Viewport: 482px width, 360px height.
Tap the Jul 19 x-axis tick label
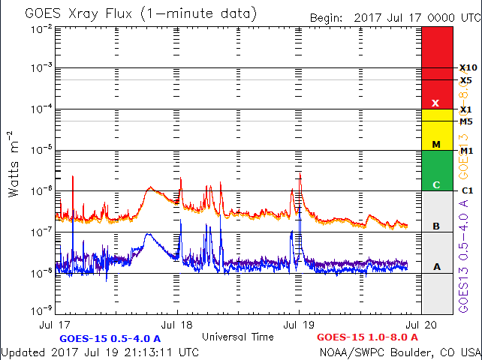pyautogui.click(x=298, y=326)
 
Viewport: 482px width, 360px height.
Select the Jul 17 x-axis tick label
pyautogui.click(x=57, y=326)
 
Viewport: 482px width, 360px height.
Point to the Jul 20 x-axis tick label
pyautogui.click(x=419, y=326)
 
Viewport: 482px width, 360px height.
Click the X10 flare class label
pyautogui.click(x=468, y=67)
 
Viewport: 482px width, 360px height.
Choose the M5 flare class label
pyautogui.click(x=466, y=121)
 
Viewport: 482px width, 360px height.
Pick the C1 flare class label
pyautogui.click(x=467, y=190)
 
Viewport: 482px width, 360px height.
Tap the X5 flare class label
pyautogui.click(x=465, y=80)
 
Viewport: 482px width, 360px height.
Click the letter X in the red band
pyautogui.click(x=435, y=103)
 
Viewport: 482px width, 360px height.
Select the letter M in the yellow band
pyautogui.click(x=435, y=144)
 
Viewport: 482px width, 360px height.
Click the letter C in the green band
pyautogui.click(x=435, y=184)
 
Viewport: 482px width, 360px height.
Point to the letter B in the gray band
pyautogui.click(x=435, y=226)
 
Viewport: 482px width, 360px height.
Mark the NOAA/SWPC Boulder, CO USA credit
pyautogui.click(x=399, y=352)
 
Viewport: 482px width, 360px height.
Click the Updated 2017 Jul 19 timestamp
pyautogui.click(x=101, y=352)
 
